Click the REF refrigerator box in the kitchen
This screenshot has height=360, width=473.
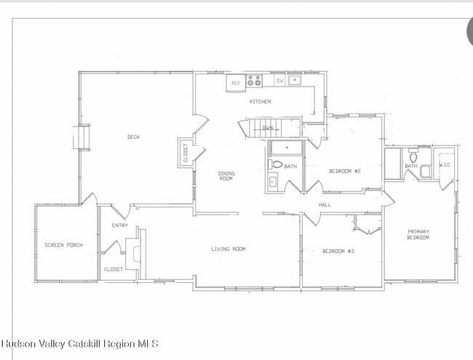[x=236, y=83]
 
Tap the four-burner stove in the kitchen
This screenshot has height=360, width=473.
[x=254, y=81]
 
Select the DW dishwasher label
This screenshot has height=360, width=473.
[x=280, y=81]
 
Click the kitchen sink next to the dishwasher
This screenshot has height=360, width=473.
[x=295, y=81]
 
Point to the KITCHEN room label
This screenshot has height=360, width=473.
[x=261, y=102]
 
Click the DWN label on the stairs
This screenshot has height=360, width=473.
[x=268, y=128]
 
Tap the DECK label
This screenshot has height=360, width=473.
[x=133, y=137]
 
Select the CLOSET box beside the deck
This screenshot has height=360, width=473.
[x=184, y=153]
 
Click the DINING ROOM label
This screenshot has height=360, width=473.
[x=226, y=175]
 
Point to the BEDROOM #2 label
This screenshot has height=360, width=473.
[x=345, y=171]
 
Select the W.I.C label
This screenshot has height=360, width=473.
[x=445, y=165]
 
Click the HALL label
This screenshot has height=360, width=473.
[x=325, y=205]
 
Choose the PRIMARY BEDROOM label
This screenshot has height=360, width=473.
[x=418, y=235]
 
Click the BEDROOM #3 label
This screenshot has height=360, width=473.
[x=338, y=252]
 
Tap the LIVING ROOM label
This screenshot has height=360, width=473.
[x=228, y=249]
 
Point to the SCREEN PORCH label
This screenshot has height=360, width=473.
[x=63, y=245]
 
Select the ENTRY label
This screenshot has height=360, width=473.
[x=119, y=225]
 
